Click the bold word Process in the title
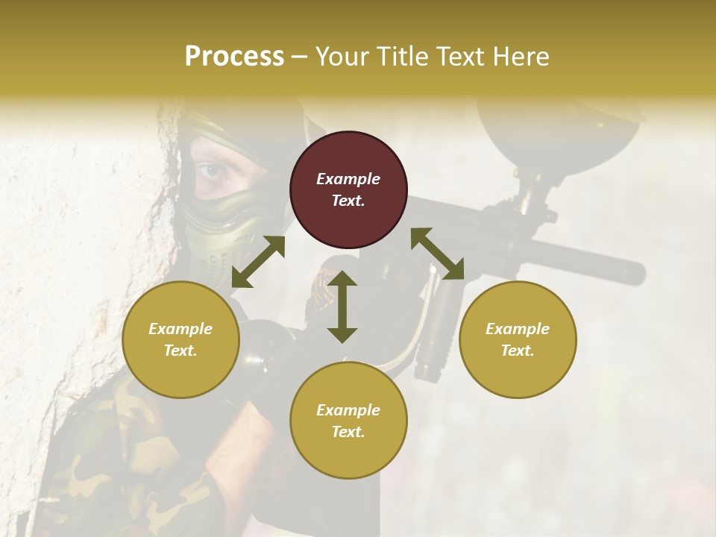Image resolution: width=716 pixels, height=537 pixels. [234, 57]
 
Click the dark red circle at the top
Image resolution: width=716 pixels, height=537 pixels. [348, 189]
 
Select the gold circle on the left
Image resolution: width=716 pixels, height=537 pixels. [180, 339]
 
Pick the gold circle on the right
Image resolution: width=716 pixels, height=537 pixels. [518, 339]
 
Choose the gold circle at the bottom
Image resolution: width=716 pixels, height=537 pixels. [348, 420]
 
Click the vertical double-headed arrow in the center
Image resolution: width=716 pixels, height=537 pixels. [342, 307]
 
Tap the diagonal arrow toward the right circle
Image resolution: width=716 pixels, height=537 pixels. [437, 254]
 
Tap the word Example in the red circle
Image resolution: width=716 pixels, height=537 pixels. [348, 179]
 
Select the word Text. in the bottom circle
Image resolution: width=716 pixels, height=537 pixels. [348, 432]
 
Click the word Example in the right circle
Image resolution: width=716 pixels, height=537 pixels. [518, 329]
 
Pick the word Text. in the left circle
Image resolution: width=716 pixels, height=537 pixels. [180, 351]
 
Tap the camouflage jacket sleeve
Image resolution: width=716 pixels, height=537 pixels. [127, 462]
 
